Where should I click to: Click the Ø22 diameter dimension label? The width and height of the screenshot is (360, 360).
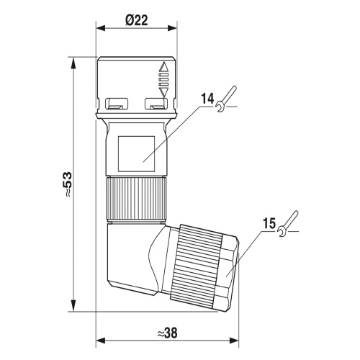[x=137, y=20]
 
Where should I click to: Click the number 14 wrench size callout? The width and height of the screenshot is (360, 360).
[x=207, y=99]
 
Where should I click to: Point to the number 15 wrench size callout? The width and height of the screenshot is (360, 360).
[x=269, y=224]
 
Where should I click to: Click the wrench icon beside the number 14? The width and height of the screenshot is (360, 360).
[x=226, y=99]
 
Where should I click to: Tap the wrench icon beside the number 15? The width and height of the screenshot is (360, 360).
[x=287, y=224]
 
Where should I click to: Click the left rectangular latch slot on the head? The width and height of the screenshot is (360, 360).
[x=117, y=104]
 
